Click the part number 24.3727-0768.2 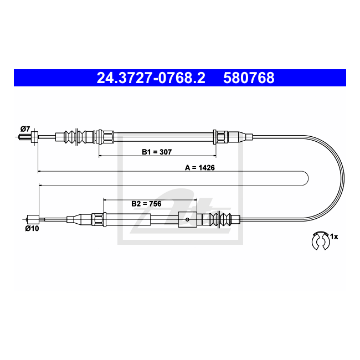click(151, 78)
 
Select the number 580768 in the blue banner click(249, 78)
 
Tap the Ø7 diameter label click(25, 129)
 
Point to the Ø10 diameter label click(32, 228)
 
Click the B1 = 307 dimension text click(157, 152)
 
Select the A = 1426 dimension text click(200, 168)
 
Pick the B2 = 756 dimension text click(146, 204)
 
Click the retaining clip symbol click(321, 241)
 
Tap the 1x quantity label click(334, 236)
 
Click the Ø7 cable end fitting click(34, 137)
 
